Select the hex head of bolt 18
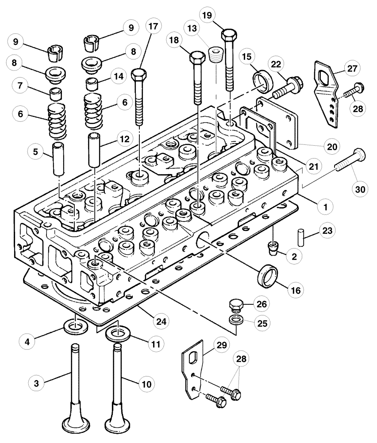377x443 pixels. (x=196, y=58)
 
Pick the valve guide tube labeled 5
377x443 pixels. (x=59, y=158)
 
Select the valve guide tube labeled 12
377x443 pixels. (x=95, y=149)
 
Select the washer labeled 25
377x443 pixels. (x=235, y=320)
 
